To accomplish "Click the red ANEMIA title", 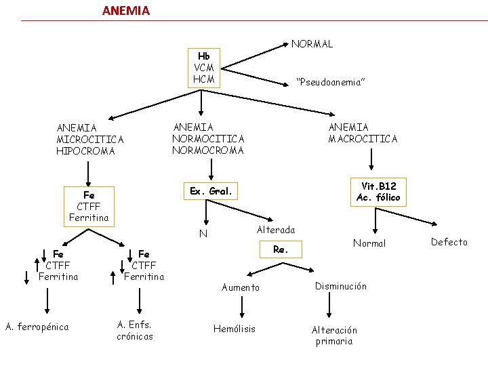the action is point(126,11).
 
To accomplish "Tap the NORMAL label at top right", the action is point(312,44).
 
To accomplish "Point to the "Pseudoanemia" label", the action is point(331,82).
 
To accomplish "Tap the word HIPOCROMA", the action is point(85,151).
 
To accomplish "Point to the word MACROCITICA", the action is point(363,139).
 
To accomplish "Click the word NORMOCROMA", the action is point(208,150).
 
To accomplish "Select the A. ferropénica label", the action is point(37,327).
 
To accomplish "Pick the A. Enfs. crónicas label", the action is point(135,330).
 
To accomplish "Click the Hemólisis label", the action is point(235,329).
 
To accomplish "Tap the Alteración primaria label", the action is point(334,335).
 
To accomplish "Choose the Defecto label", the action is point(449,242).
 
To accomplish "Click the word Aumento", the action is point(240,287).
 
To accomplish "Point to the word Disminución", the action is point(341,286).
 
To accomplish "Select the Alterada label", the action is point(276,230).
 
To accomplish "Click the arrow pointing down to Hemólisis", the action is point(242,307).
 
